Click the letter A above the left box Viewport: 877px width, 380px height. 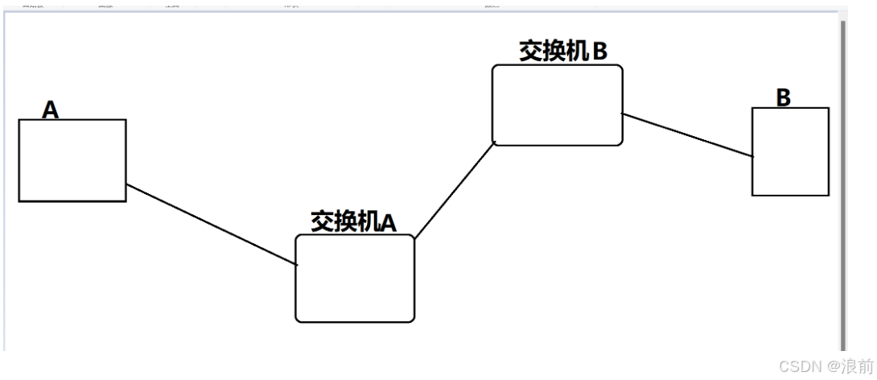tap(50, 109)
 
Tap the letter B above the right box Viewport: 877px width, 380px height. tap(783, 97)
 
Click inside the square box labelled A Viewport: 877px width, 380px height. tap(72, 160)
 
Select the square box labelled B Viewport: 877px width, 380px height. tap(790, 151)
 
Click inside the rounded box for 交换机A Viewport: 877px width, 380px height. tap(355, 279)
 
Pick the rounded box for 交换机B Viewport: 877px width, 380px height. tap(558, 105)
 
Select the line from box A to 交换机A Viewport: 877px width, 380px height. tap(212, 225)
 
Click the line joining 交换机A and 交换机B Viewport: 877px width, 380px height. tap(454, 191)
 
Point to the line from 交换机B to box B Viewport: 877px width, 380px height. tap(688, 134)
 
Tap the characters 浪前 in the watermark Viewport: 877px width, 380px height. tap(855, 366)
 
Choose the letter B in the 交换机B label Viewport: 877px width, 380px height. tap(599, 51)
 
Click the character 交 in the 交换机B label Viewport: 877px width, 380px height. tap(531, 51)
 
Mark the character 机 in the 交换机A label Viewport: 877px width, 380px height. tap(367, 221)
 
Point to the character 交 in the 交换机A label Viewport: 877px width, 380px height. tap(322, 221)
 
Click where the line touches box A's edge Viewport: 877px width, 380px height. tap(126, 185)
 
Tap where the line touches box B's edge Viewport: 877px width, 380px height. tap(753, 155)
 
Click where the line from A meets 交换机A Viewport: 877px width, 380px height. tap(296, 264)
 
